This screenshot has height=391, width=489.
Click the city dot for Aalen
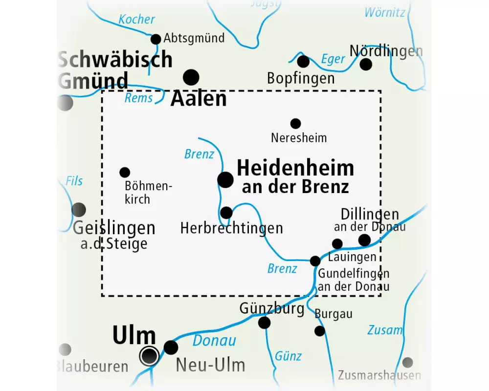[x=191, y=77]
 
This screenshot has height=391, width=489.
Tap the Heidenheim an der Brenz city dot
[x=225, y=180]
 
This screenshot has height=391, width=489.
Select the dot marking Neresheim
[x=295, y=124]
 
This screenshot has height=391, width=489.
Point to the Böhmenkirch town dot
[x=125, y=172]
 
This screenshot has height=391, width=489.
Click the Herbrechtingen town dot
[x=226, y=213]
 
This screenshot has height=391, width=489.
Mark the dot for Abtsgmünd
[x=156, y=39]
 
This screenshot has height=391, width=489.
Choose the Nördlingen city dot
[x=366, y=64]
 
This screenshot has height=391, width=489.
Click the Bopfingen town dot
[x=303, y=62]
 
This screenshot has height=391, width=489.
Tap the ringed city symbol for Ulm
[x=149, y=356]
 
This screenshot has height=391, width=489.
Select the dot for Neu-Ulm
[x=171, y=348]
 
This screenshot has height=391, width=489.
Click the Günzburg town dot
[x=264, y=323]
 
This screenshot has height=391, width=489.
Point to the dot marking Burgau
[x=319, y=331]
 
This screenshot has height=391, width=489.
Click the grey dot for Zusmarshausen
[x=407, y=362]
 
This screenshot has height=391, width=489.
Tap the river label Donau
[x=214, y=341]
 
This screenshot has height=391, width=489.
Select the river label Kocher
[x=136, y=20]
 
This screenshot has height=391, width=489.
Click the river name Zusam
[x=385, y=330]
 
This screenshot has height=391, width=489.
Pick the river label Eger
[x=333, y=60]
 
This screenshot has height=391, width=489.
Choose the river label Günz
[x=288, y=355]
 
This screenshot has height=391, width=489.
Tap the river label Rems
[x=138, y=98]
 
